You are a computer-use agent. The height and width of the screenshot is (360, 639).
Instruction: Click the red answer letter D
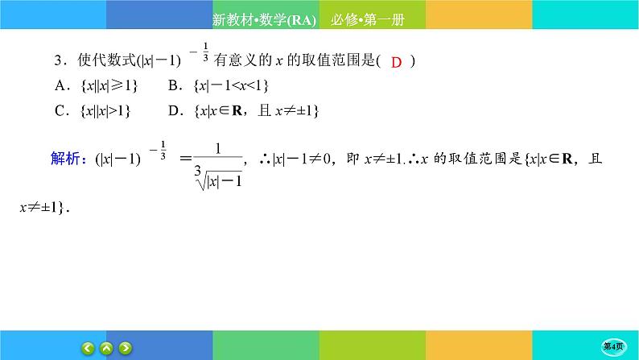(396, 62)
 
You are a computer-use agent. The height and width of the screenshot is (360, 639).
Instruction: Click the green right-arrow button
(126, 348)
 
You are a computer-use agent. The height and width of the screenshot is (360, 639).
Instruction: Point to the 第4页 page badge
(613, 346)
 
